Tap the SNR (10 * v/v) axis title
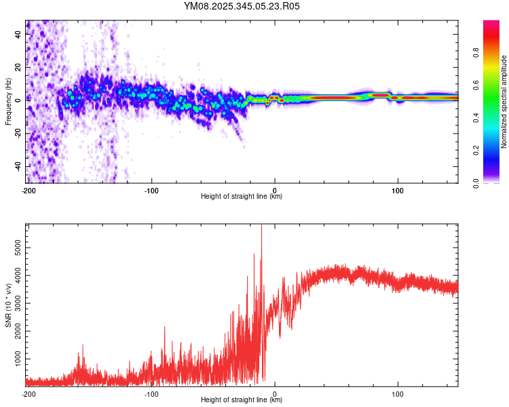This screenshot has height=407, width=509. click(x=8, y=305)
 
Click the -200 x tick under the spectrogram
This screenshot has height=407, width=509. click(x=28, y=191)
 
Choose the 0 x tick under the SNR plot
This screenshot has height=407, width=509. click(x=275, y=393)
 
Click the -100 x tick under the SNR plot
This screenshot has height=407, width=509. click(x=151, y=393)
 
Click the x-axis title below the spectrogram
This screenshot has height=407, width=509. click(x=242, y=197)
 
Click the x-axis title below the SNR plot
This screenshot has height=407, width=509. click(x=242, y=400)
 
